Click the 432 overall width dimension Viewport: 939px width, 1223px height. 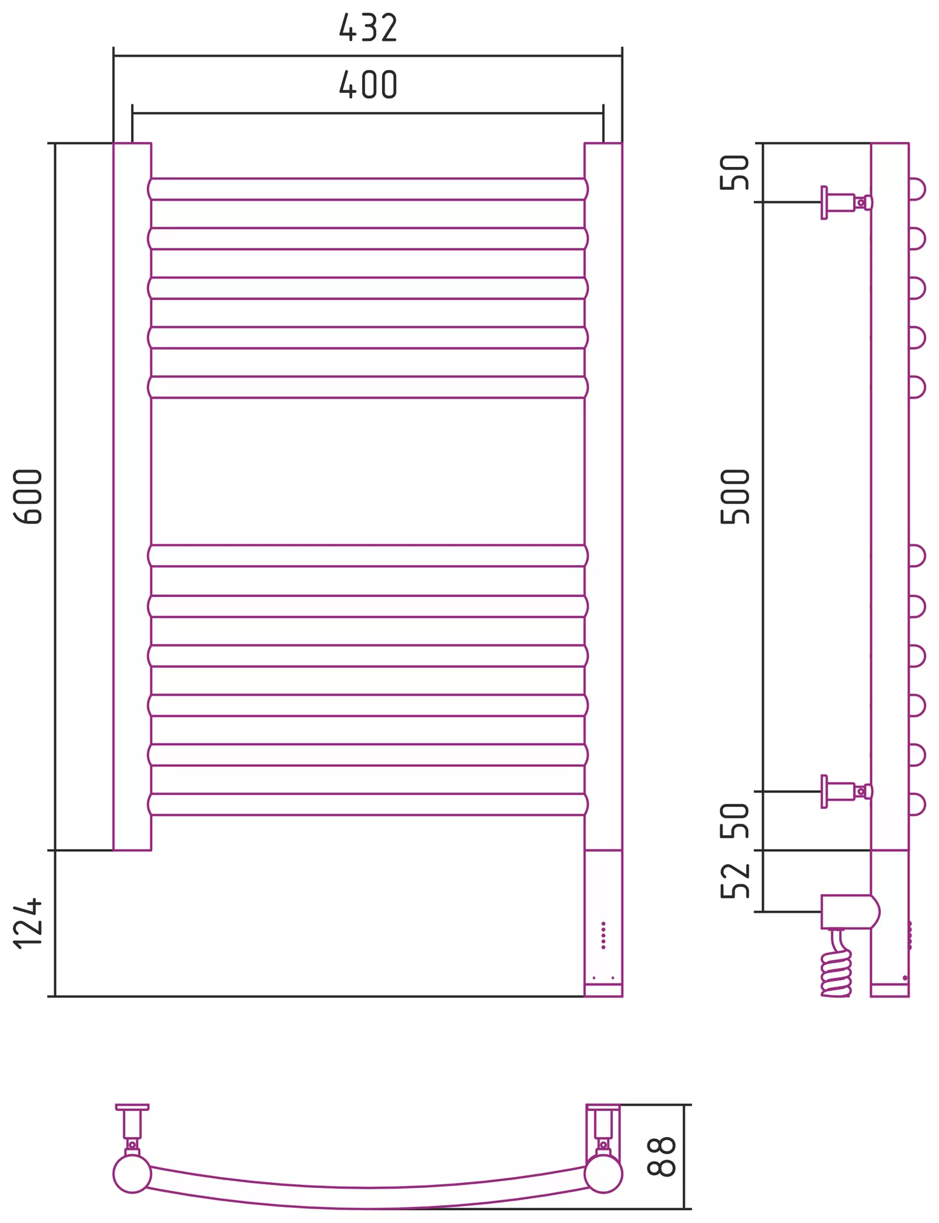pyautogui.click(x=368, y=28)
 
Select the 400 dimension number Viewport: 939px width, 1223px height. pyautogui.click(x=368, y=85)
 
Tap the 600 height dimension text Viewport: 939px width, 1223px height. pyautogui.click(x=28, y=496)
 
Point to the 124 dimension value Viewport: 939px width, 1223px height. pyautogui.click(x=28, y=924)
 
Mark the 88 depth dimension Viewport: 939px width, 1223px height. pyautogui.click(x=661, y=1156)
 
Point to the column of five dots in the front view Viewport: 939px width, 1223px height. pyautogui.click(x=604, y=935)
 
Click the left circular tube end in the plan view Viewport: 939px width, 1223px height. pyautogui.click(x=132, y=1173)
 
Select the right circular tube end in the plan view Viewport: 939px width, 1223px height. pyautogui.click(x=603, y=1173)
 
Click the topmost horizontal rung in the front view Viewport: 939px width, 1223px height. pyautogui.click(x=368, y=189)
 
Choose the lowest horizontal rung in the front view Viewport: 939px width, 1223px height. pyautogui.click(x=368, y=805)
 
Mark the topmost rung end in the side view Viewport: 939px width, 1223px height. pyautogui.click(x=917, y=189)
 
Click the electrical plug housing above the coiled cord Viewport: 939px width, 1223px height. pyautogui.click(x=849, y=912)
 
